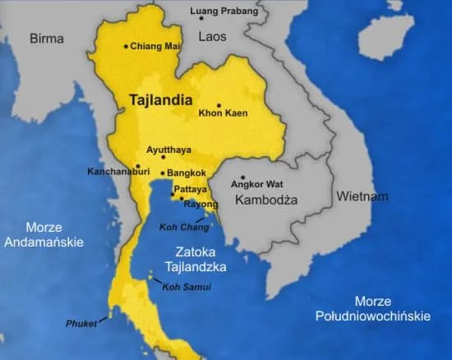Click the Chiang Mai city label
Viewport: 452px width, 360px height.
(155, 46)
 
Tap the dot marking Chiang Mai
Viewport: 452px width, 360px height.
(126, 46)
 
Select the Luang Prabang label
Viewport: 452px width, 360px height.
(224, 12)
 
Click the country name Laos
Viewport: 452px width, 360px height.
(212, 37)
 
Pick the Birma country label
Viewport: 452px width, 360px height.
(46, 38)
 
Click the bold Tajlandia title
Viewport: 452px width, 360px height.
(161, 99)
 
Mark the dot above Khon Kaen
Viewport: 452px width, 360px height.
(219, 104)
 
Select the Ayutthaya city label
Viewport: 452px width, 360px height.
(168, 150)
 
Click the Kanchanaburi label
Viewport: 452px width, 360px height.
(118, 172)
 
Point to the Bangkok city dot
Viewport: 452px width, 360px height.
(163, 173)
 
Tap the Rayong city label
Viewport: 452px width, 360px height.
(201, 203)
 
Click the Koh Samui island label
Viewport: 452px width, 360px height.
(187, 287)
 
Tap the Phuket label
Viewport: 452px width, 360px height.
(81, 324)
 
